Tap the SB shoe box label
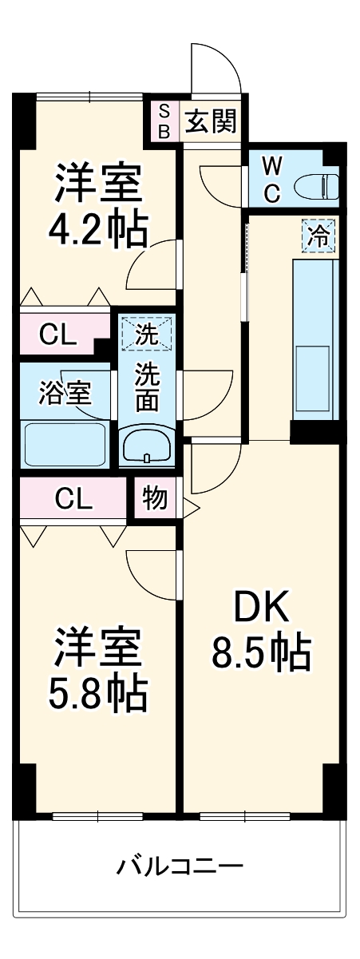pyautogui.click(x=164, y=121)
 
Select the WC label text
pyautogui.click(x=272, y=180)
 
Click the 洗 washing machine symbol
pyautogui.click(x=146, y=335)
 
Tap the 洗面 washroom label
pyautogui.click(x=146, y=386)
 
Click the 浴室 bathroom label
pyautogui.click(x=65, y=392)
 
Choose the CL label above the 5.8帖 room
pyautogui.click(x=73, y=498)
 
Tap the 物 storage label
pyautogui.click(x=155, y=498)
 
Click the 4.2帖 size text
pyautogui.click(x=98, y=229)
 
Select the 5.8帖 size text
pyautogui.click(x=98, y=695)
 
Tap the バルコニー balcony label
pyautogui.click(x=180, y=865)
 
